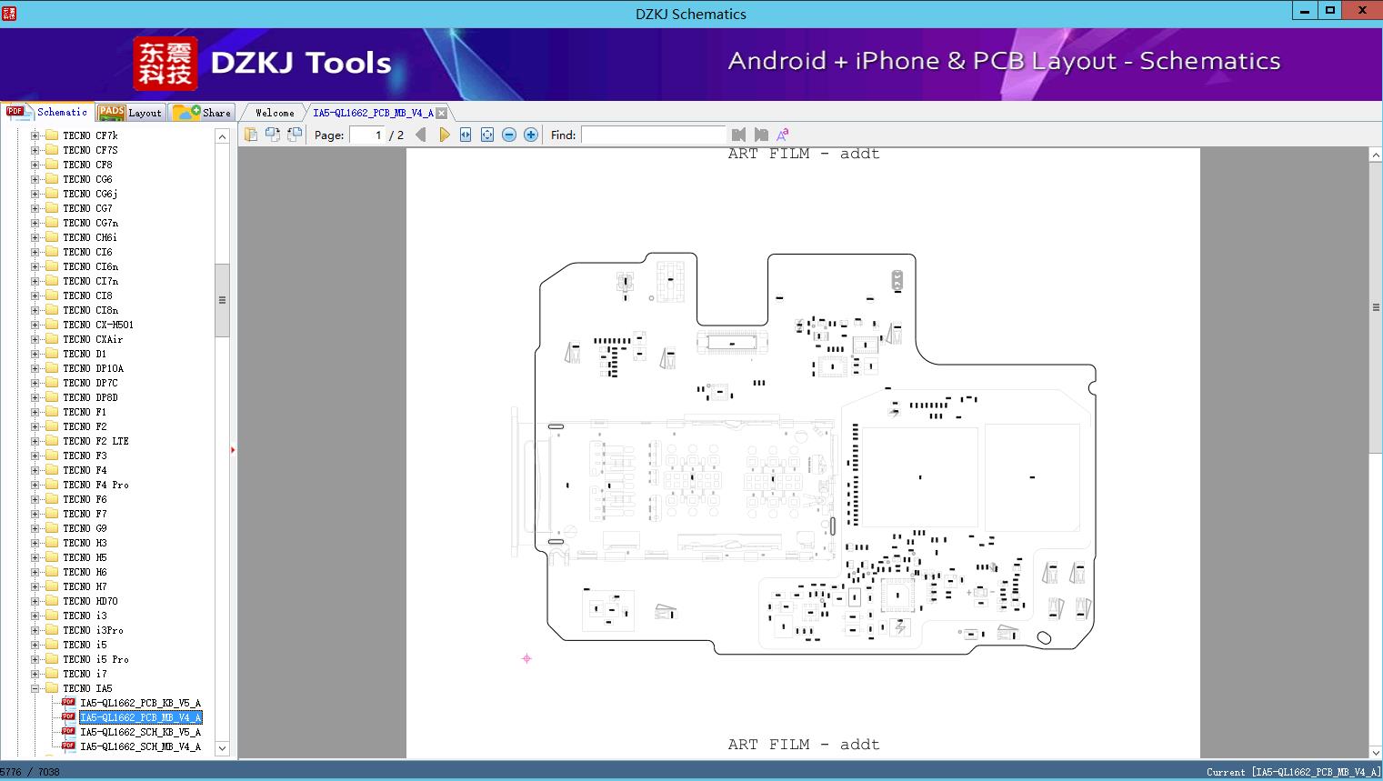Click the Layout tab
click(131, 113)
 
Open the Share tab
click(203, 113)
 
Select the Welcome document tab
click(275, 113)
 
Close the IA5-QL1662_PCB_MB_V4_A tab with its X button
click(441, 113)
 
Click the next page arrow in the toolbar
click(444, 135)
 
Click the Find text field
click(653, 135)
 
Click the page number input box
click(368, 135)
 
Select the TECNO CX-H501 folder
click(98, 325)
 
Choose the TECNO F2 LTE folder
click(95, 441)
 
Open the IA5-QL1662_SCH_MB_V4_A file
click(141, 746)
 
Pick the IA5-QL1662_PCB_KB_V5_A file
click(141, 703)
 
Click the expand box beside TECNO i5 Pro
click(35, 659)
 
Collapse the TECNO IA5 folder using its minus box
click(35, 688)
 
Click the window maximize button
click(1330, 11)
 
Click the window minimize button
click(1305, 11)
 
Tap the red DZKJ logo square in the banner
click(165, 63)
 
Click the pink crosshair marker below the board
click(526, 659)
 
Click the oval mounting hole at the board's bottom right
click(1044, 637)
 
